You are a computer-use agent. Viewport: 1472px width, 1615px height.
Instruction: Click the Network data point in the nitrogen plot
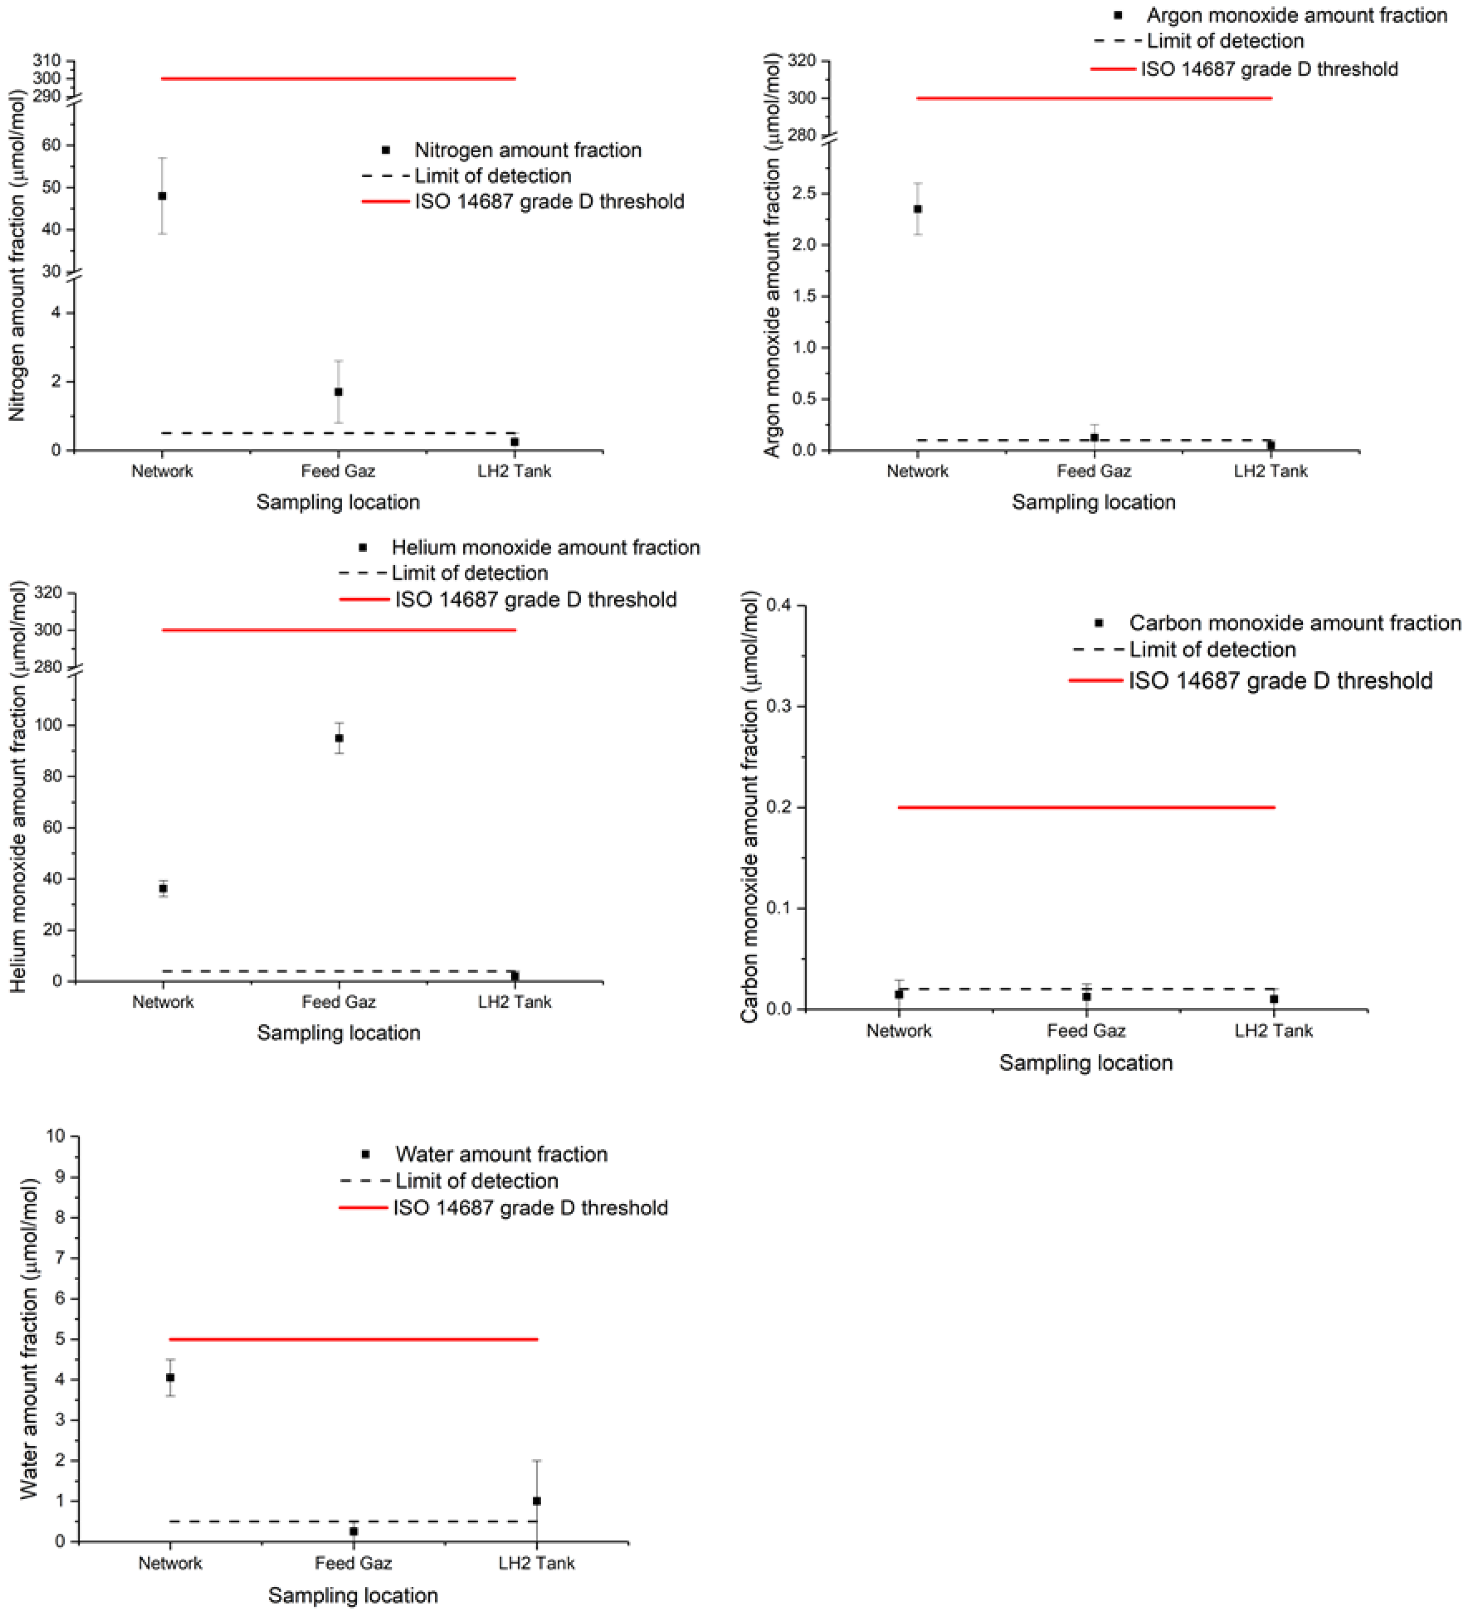163,196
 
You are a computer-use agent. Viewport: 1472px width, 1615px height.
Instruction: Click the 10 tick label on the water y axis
56,1135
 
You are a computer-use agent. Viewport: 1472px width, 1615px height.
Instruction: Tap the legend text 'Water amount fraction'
501,1155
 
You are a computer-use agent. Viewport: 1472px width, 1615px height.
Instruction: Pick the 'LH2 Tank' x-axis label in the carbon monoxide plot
1273,1031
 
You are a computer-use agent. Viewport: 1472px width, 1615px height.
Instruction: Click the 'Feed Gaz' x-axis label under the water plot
353,1563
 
